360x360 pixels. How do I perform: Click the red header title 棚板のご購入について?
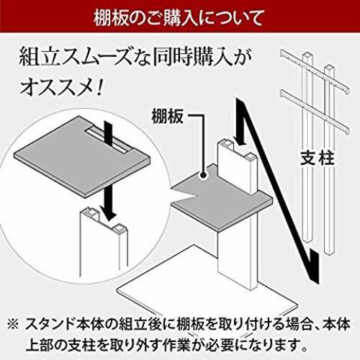pos(178,18)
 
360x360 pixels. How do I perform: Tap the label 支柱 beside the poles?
pos(317,158)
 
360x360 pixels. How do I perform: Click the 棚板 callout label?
pos(168,116)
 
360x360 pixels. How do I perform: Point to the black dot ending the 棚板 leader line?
pos(204,175)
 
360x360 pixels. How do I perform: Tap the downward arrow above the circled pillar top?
pos(107,204)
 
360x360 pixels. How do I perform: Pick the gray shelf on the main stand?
pos(222,197)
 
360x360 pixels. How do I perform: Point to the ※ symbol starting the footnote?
pos(13,325)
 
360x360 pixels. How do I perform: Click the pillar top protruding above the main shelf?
pos(237,166)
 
